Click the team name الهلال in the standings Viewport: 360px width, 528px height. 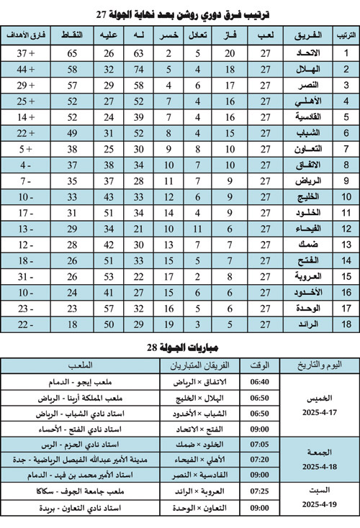304,69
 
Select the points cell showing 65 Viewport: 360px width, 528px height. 73,53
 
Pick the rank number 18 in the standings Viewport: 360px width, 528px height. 346,324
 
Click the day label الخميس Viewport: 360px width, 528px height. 318,396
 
